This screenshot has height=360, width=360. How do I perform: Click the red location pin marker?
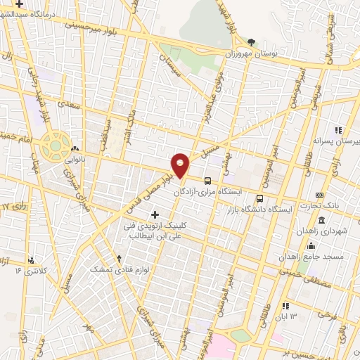point(181,165)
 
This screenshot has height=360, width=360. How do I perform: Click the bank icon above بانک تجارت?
point(320,195)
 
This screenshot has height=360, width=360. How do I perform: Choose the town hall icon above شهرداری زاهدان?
point(321,220)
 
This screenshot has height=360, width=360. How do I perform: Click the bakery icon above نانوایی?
point(75,148)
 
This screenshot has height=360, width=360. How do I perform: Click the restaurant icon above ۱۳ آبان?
point(285,306)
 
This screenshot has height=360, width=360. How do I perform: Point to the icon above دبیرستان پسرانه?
point(338,130)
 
